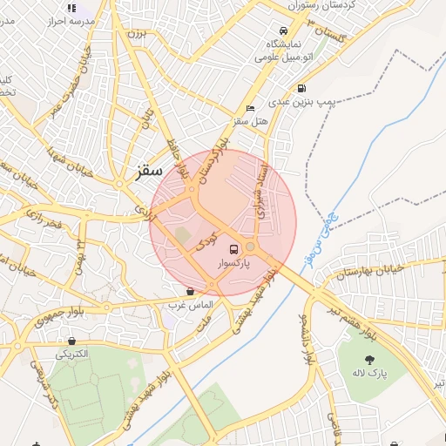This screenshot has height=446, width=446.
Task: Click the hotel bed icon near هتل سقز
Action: [251, 109]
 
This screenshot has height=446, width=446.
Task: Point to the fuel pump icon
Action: [301, 88]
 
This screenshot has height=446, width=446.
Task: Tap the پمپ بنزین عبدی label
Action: [301, 102]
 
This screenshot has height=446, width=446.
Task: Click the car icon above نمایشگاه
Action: [282, 29]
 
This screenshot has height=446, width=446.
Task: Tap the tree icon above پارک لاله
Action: [369, 358]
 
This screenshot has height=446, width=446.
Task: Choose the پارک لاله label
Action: [369, 373]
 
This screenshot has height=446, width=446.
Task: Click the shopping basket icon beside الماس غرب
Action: [190, 292]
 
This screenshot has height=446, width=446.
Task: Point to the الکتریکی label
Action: [72, 355]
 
